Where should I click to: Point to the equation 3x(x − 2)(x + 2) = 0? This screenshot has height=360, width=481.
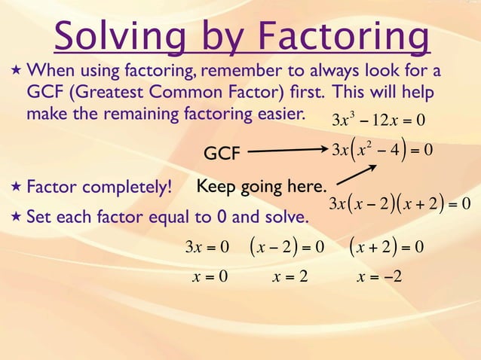[400, 204]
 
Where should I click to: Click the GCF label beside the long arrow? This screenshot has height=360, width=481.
[222, 154]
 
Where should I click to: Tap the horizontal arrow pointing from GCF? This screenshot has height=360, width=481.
[286, 152]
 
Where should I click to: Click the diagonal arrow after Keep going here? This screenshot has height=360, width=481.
[355, 178]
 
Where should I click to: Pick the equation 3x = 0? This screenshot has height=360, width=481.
[207, 246]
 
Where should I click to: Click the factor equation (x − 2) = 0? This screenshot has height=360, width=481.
[287, 246]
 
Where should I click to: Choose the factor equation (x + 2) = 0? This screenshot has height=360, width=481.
[387, 246]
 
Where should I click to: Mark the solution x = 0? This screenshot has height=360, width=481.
[210, 276]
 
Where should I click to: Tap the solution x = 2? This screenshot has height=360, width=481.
[290, 276]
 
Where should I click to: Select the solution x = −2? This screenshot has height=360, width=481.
[379, 276]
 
